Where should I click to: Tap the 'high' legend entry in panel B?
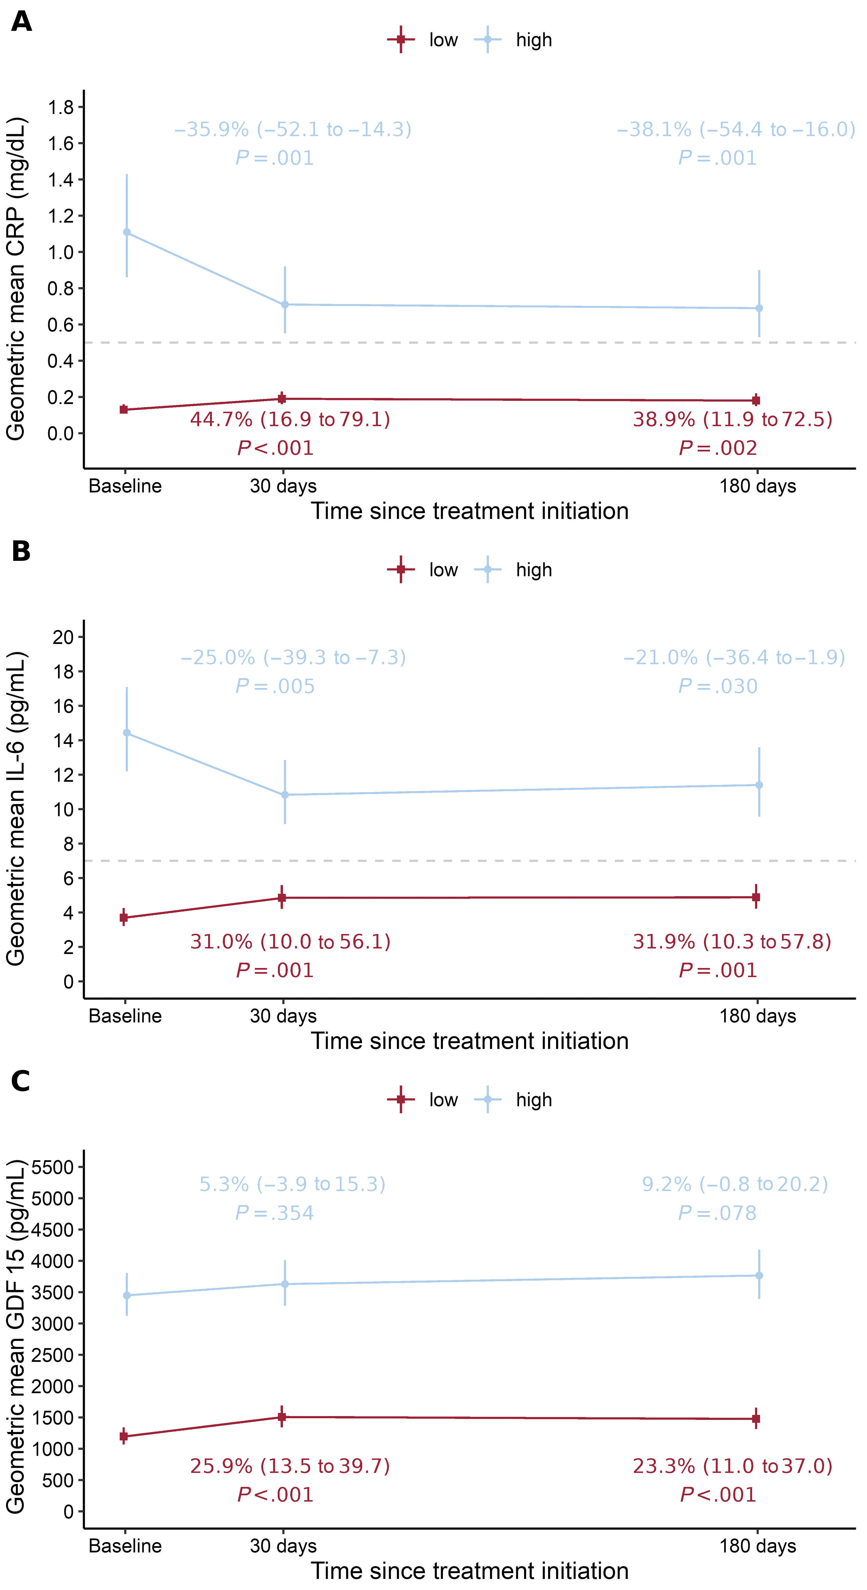pos(533,570)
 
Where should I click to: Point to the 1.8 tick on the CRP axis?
pos(60,107)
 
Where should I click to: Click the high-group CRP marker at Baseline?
pos(127,232)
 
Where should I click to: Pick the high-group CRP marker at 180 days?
pos(759,308)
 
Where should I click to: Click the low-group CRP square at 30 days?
pos(282,399)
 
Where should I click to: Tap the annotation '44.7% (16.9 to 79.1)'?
pos(290,420)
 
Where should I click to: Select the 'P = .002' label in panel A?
pos(718,448)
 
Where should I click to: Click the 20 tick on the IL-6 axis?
pos(63,637)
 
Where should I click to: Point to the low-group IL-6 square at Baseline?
pos(124,918)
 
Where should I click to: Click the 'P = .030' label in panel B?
pos(718,686)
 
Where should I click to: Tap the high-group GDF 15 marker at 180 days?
pos(759,1275)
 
